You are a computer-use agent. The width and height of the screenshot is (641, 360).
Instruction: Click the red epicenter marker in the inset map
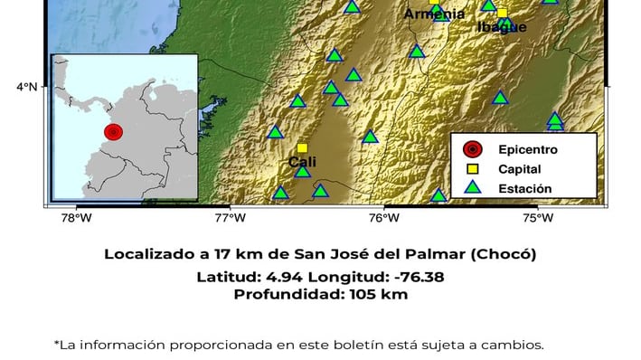pos(113,132)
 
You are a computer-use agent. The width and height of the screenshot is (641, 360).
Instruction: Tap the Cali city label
pos(302,162)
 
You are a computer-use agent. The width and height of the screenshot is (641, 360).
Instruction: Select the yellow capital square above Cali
pos(302,147)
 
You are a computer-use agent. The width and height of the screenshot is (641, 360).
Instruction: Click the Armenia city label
pos(434,14)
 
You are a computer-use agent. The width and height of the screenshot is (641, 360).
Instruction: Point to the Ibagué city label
pos(502,27)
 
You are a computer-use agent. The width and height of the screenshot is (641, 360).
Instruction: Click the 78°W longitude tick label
pos(76,217)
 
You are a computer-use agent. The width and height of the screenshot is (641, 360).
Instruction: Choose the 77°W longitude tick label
pos(230,217)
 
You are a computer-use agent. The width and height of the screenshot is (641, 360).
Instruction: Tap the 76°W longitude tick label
pos(384,217)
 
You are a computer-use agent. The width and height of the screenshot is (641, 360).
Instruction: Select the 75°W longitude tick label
pos(538,217)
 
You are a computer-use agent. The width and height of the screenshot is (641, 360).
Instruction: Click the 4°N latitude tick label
pos(26,87)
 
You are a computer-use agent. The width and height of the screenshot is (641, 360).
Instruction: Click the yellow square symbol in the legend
pos(472,169)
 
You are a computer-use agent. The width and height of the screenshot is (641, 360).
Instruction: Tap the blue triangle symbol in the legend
pos(472,188)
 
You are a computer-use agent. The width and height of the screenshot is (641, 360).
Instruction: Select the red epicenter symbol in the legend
pos(472,149)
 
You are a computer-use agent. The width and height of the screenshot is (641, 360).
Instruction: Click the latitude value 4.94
pos(286,276)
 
